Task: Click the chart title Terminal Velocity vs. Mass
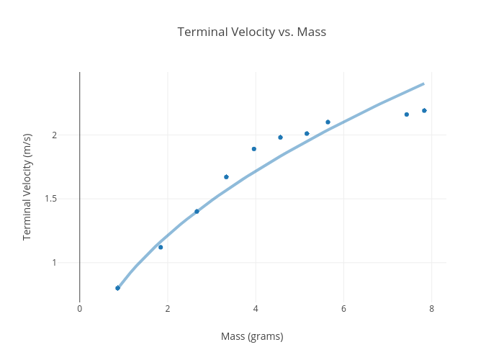pos(252,32)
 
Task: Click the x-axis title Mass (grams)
pos(252,336)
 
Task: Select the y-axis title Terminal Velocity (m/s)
pos(27,186)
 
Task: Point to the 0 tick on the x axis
pos(80,309)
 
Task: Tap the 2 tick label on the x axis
pos(168,309)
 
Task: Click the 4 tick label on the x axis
pos(256,309)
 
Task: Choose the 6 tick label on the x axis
pos(343,309)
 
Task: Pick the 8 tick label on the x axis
pos(431,309)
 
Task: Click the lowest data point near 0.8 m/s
pos(117,288)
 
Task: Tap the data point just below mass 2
pos(161,247)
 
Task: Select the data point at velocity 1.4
pos(197,211)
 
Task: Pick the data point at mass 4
pos(254,149)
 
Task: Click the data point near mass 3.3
pos(226,176)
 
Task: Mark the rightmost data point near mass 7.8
pos(424,110)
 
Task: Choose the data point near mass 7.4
pos(407,114)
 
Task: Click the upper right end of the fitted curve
pos(423,84)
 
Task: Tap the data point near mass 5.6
pos(328,122)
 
